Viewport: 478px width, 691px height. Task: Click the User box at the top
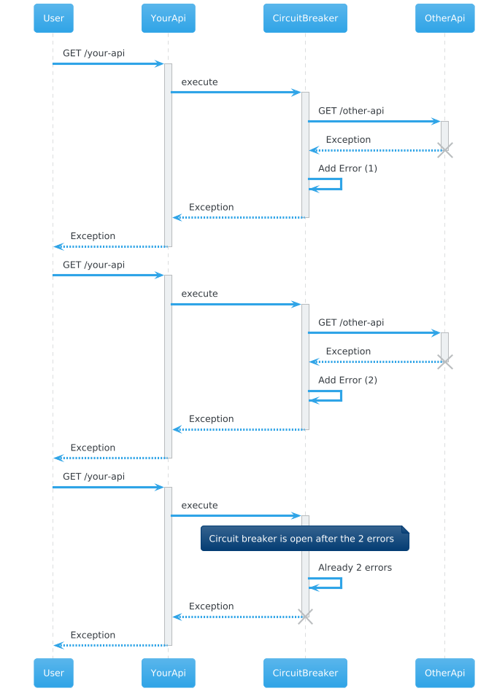point(53,18)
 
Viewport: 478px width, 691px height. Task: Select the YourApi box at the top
point(168,18)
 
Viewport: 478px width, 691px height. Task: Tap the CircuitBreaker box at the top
point(305,18)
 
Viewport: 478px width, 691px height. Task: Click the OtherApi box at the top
point(444,18)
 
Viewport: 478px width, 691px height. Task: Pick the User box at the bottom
point(53,673)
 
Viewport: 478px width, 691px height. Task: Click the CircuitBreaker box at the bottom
point(305,673)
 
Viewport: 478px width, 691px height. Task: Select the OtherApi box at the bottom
point(444,673)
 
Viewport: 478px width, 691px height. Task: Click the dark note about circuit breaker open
point(305,538)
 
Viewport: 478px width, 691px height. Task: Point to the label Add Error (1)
point(348,168)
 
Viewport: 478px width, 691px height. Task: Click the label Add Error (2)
point(348,380)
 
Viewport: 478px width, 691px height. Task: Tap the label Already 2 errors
point(355,568)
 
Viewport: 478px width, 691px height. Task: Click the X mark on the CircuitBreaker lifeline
point(305,617)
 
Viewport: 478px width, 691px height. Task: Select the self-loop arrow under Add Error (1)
point(342,184)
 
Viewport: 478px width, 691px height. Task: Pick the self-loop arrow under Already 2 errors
point(342,583)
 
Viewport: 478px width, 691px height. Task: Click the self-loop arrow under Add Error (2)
point(342,396)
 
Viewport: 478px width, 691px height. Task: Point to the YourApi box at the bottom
point(168,673)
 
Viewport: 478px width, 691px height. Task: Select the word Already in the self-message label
point(336,568)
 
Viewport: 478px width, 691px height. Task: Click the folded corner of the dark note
point(406,529)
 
